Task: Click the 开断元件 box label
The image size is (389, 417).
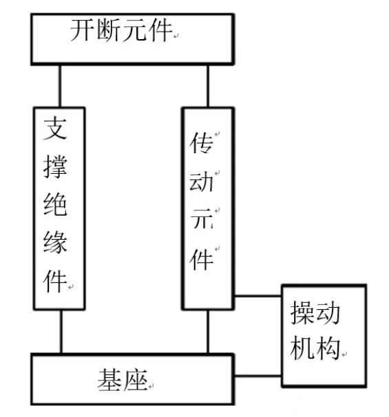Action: pos(121,30)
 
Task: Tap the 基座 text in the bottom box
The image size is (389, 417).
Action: pos(123,380)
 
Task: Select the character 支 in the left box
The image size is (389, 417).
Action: pos(55,128)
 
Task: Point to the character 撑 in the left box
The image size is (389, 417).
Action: pos(55,166)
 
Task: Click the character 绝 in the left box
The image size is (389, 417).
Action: pos(55,204)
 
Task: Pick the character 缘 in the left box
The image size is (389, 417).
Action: pos(55,242)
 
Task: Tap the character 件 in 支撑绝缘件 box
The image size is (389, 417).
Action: pos(55,281)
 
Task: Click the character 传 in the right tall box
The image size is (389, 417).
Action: pos(201,143)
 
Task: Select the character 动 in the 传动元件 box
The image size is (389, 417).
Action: pos(201,181)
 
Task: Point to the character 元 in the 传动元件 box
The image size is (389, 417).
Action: pos(202,219)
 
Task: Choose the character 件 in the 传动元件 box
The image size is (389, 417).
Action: pos(201,259)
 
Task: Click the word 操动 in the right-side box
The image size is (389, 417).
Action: pos(315,313)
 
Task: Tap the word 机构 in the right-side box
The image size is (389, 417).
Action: pos(315,348)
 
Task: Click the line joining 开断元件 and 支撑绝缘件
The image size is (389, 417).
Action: pos(60,86)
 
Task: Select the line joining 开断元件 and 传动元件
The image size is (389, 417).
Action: pos(208,86)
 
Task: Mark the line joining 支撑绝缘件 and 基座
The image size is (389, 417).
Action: pos(61,332)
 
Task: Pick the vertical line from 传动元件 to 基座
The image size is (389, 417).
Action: pos(208,332)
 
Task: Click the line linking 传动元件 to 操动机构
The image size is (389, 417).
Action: pos(258,295)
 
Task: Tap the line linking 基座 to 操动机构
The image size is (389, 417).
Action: pos(258,376)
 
